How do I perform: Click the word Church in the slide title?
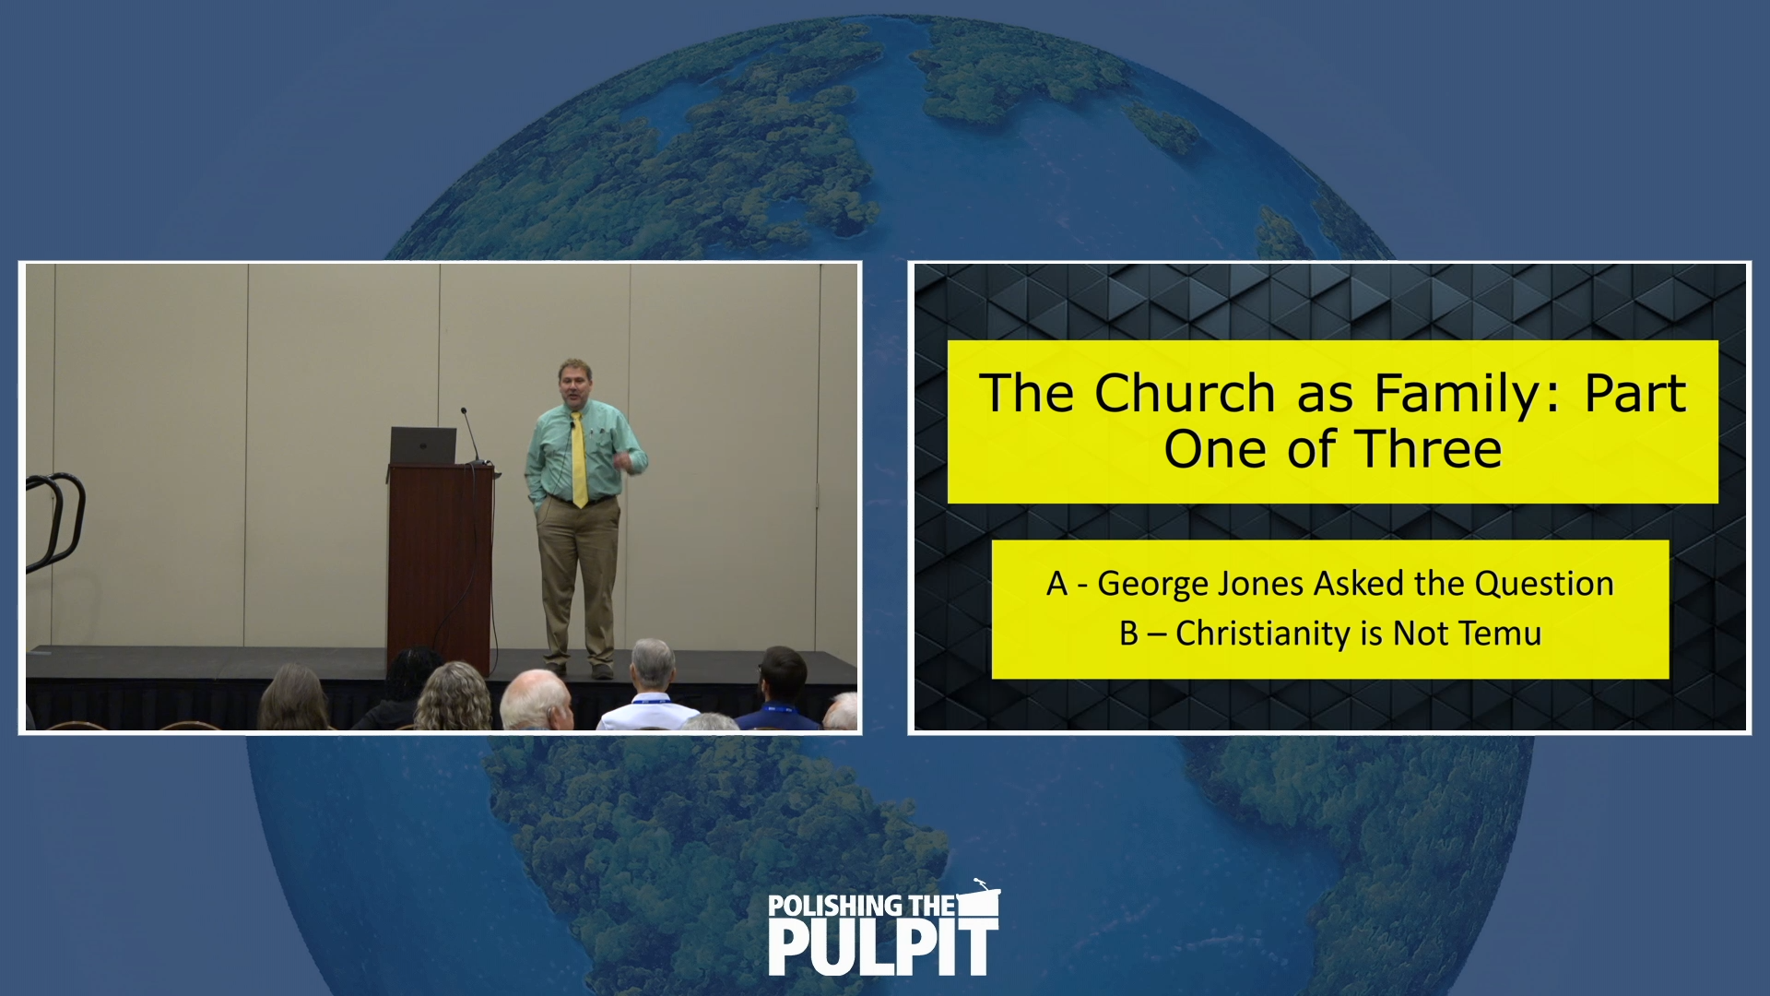1185,394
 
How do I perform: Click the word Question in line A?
1544,585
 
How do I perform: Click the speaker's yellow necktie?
579,461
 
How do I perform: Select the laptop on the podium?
423,445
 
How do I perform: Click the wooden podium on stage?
440,563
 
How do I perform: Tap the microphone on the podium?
470,433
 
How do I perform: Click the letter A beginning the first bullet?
1056,585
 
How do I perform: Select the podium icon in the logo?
980,899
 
